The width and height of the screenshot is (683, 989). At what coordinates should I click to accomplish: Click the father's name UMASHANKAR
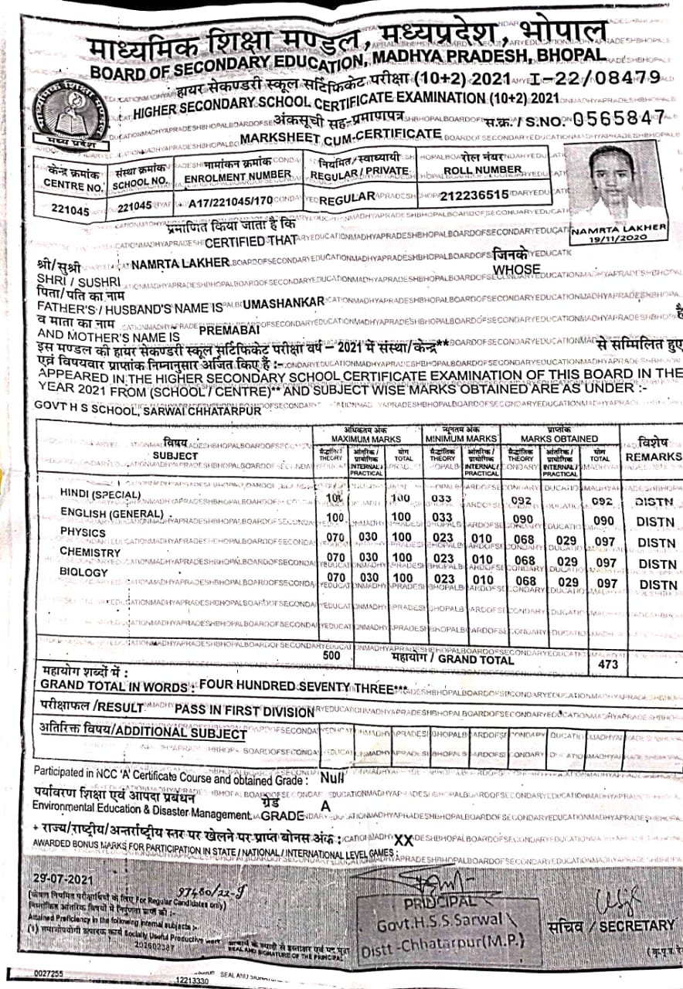[283, 303]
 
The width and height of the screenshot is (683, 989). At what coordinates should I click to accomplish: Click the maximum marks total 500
[331, 655]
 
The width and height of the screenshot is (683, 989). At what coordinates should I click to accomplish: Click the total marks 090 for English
[603, 522]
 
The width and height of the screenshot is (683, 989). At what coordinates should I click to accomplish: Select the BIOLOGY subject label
[84, 573]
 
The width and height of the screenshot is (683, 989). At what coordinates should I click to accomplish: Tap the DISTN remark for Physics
[657, 543]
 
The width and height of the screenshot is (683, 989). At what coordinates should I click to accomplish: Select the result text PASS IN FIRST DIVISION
[244, 709]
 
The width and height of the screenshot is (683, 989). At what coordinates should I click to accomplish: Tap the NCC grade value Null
[332, 779]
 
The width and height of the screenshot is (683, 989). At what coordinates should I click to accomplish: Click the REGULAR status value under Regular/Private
[347, 199]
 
